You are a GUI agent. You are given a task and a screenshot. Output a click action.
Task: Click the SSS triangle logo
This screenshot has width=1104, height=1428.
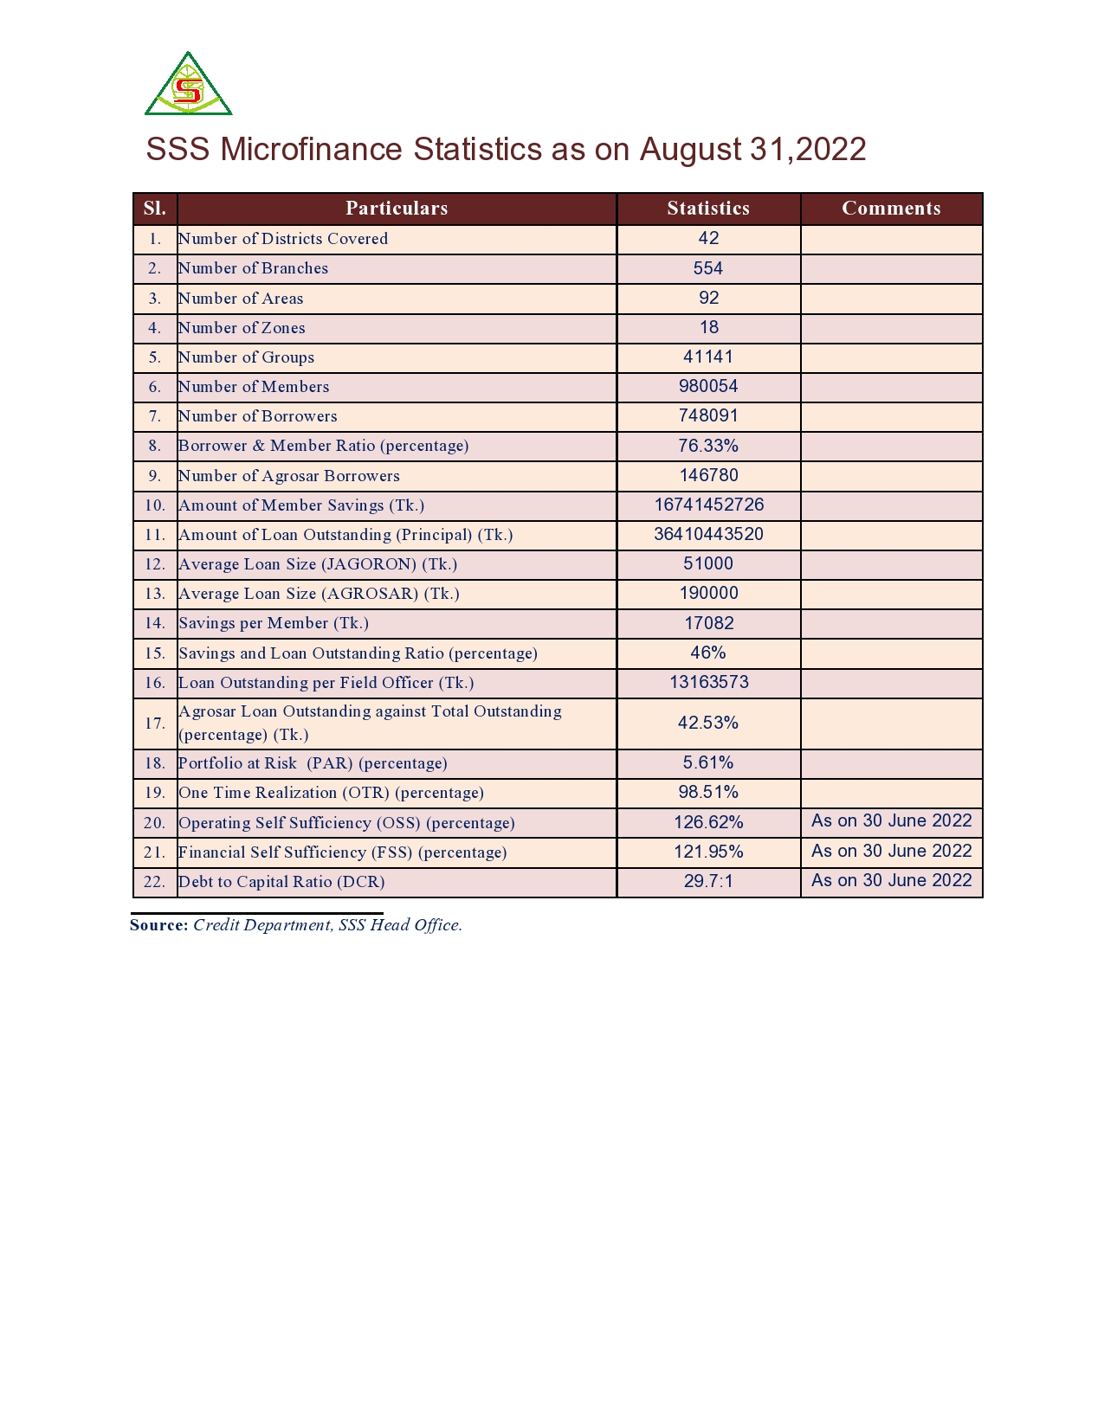pos(188,85)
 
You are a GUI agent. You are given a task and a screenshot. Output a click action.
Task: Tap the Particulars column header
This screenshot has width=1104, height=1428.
pos(397,209)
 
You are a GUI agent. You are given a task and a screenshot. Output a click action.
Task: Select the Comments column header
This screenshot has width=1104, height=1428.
pos(891,209)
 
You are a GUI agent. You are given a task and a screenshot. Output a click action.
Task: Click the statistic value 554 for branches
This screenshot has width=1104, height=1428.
pos(707,268)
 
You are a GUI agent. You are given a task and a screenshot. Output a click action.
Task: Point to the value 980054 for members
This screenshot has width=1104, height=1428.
pos(708,387)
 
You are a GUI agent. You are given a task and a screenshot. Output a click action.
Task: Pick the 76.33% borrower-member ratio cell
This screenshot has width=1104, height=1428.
pos(707,446)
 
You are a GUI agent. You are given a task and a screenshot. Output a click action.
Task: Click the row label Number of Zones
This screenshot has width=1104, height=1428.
pos(242,328)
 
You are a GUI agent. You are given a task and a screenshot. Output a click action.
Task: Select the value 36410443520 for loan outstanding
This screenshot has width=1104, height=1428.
pos(708,535)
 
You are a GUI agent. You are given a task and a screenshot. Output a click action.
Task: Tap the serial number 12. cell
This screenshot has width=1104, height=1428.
pos(155,564)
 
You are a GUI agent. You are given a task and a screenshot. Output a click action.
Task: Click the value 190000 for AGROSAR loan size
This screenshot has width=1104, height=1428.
pos(708,594)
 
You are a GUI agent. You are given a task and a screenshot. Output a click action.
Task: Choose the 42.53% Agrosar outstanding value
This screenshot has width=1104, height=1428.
pos(707,723)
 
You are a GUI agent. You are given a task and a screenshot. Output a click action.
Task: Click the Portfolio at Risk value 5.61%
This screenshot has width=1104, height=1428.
pos(707,763)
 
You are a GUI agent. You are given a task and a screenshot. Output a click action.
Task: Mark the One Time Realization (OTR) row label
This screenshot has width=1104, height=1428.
pos(331,793)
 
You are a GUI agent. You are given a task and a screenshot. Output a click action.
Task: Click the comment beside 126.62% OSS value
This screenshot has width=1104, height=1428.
pos(891,821)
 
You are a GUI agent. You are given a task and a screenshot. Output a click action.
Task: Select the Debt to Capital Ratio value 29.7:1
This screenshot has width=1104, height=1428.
pos(708,882)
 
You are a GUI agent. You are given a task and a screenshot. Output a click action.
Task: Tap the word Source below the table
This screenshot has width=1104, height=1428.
pos(158,925)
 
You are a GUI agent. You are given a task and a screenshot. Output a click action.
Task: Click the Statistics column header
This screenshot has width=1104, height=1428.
pos(707,209)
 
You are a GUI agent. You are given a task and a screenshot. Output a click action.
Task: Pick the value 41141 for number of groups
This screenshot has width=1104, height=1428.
pos(707,357)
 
